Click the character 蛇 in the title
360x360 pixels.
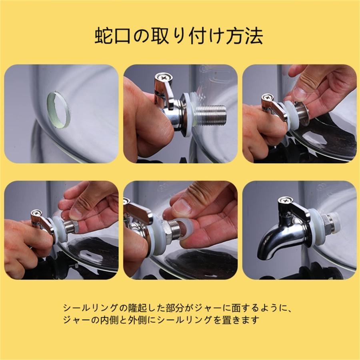(104, 36)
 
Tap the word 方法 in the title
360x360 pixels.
(244, 36)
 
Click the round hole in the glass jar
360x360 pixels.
(58, 110)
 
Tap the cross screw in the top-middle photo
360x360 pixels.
(164, 78)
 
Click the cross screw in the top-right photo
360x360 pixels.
(268, 98)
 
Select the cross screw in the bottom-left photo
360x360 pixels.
(36, 213)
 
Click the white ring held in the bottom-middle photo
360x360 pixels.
(186, 230)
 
